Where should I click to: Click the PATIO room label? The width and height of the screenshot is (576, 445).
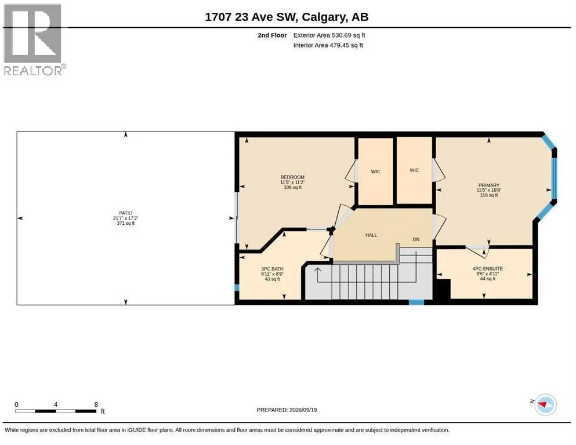coord(126,213)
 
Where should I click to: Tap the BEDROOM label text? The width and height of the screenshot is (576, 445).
coord(292,177)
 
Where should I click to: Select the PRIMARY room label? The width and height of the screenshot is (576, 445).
coord(489,185)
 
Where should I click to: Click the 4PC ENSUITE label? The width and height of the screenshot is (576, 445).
coord(487,268)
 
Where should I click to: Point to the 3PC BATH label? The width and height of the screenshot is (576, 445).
coord(272,269)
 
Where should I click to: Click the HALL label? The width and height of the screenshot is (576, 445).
coord(371,235)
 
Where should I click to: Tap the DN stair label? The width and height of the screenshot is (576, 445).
coord(416,239)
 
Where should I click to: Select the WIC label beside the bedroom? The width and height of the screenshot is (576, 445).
coord(375,172)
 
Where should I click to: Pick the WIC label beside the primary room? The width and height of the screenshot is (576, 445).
coord(414,170)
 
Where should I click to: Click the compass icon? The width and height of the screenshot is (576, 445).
coord(545,404)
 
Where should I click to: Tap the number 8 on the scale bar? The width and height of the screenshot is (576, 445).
coord(96,404)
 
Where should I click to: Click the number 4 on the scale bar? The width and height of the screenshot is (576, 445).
coord(56,404)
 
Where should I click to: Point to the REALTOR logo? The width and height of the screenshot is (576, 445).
coord(34,39)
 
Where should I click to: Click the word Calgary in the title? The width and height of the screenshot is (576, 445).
coord(324,17)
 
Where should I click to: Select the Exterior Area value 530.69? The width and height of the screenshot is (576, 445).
coord(342,35)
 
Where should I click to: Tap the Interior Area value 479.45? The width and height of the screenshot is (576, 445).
coord(339,45)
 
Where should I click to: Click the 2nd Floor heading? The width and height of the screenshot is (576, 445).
coord(272,35)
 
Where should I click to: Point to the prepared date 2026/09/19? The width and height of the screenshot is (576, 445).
coord(303,410)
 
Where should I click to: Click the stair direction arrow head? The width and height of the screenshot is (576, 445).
coord(317,270)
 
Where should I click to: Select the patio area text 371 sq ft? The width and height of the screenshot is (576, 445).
coord(126,223)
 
